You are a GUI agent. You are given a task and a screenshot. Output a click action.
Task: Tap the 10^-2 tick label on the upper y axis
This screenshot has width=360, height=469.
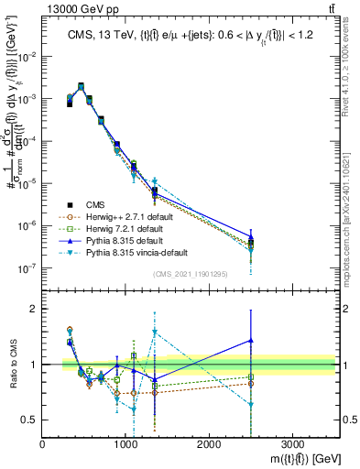coord(30,56)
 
